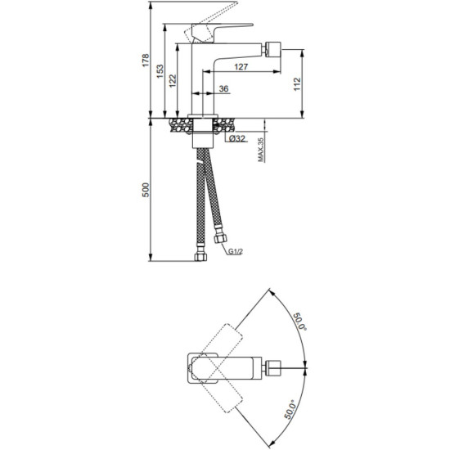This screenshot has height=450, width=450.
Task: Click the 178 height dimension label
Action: [x=146, y=61]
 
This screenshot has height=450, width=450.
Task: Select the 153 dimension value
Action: [x=160, y=71]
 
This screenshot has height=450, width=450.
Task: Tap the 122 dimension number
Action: [x=172, y=81]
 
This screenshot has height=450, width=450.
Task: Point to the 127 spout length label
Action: [x=241, y=66]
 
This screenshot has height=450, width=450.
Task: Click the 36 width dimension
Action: [x=224, y=88]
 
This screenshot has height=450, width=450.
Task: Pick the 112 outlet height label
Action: [x=297, y=83]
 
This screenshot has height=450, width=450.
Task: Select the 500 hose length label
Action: [x=146, y=190]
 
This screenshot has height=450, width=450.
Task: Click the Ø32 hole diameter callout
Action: [x=237, y=138]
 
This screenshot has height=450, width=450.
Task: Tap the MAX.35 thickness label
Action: [x=260, y=150]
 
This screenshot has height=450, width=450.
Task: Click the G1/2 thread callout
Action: [x=236, y=252]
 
